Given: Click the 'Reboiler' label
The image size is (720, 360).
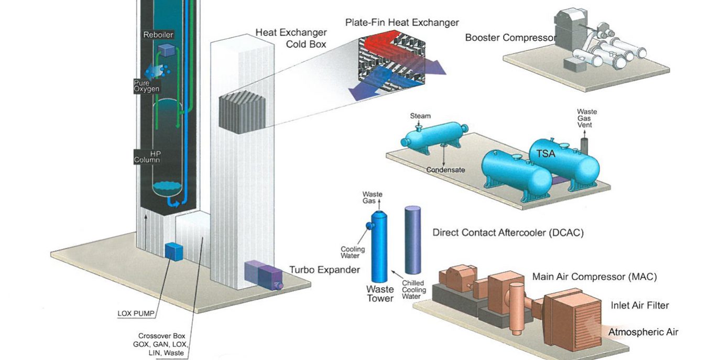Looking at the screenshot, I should [x=158, y=35].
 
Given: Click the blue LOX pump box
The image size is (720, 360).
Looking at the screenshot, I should [x=173, y=251].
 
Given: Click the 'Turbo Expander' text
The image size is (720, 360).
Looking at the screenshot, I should [x=324, y=270].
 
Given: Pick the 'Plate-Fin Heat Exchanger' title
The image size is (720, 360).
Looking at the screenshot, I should [x=402, y=23].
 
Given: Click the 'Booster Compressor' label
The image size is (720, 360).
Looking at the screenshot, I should [x=510, y=38].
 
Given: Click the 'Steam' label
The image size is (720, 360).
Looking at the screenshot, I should [x=420, y=116].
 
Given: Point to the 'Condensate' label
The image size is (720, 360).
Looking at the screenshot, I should [x=445, y=170].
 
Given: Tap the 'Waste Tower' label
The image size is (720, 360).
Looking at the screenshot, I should [x=379, y=293].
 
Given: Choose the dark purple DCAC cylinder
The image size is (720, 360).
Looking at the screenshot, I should [x=412, y=239].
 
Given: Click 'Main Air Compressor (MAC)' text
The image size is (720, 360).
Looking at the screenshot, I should [x=594, y=277].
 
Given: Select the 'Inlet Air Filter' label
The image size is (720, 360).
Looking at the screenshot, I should [x=639, y=305].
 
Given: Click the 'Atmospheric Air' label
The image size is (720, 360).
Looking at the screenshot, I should [x=643, y=332].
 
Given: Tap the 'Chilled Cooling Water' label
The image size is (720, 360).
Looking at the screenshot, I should [x=414, y=290].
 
